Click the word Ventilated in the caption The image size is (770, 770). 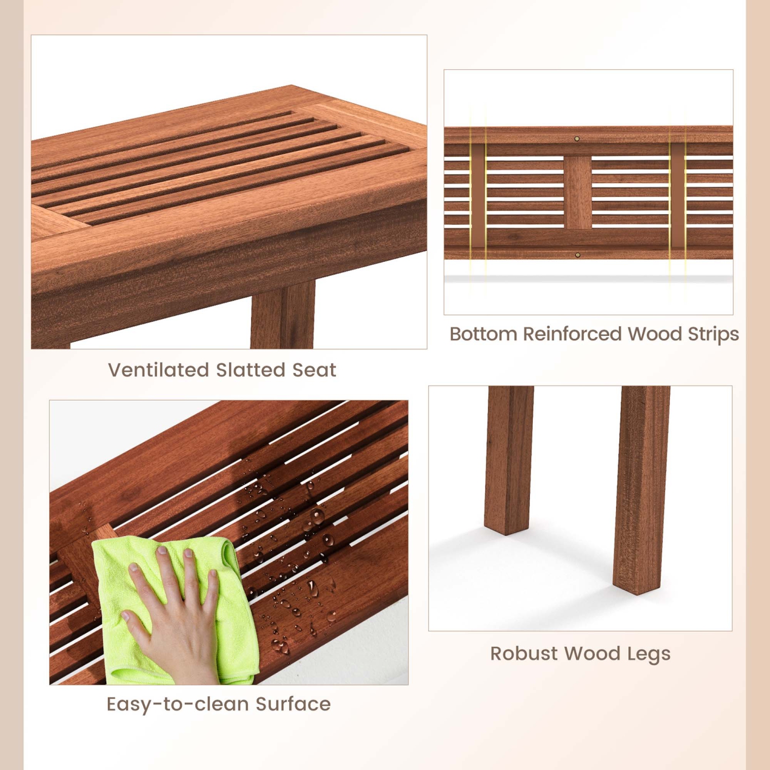158,370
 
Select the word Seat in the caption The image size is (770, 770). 314,370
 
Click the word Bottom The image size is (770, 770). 483,334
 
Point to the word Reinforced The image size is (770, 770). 572,334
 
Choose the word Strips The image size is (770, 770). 713,334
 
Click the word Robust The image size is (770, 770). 524,653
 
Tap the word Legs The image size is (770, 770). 648,654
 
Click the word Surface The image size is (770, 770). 293,704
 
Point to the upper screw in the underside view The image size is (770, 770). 577,139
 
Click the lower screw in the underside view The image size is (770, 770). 578,255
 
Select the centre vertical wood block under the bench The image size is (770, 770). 577,192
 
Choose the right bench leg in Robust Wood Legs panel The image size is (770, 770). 642,488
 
